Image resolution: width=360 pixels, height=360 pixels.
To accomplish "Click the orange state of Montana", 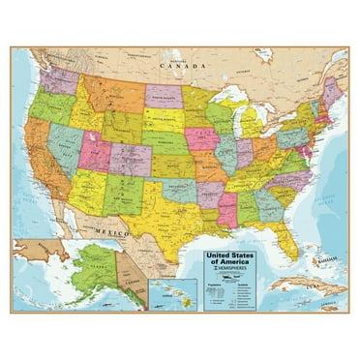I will pos(112,93).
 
